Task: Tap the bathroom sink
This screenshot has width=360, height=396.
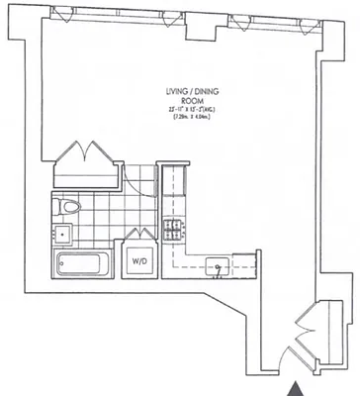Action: (x=61, y=235)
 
